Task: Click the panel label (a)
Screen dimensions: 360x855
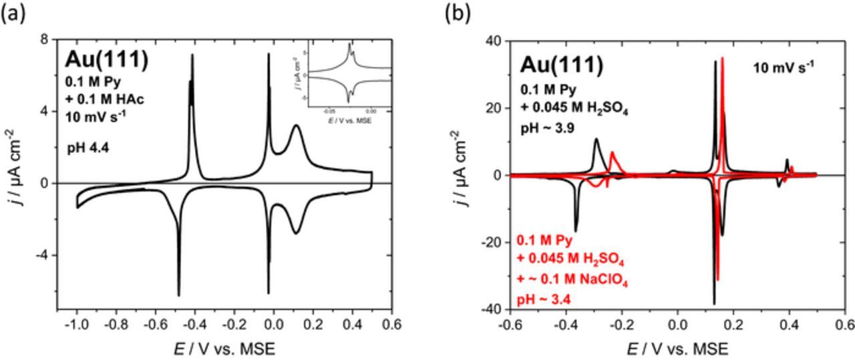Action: tap(13, 15)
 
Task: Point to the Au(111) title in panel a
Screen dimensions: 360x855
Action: tap(106, 59)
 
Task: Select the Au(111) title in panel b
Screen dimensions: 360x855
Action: tap(562, 65)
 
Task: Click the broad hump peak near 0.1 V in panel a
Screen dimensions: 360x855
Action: tap(296, 125)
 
